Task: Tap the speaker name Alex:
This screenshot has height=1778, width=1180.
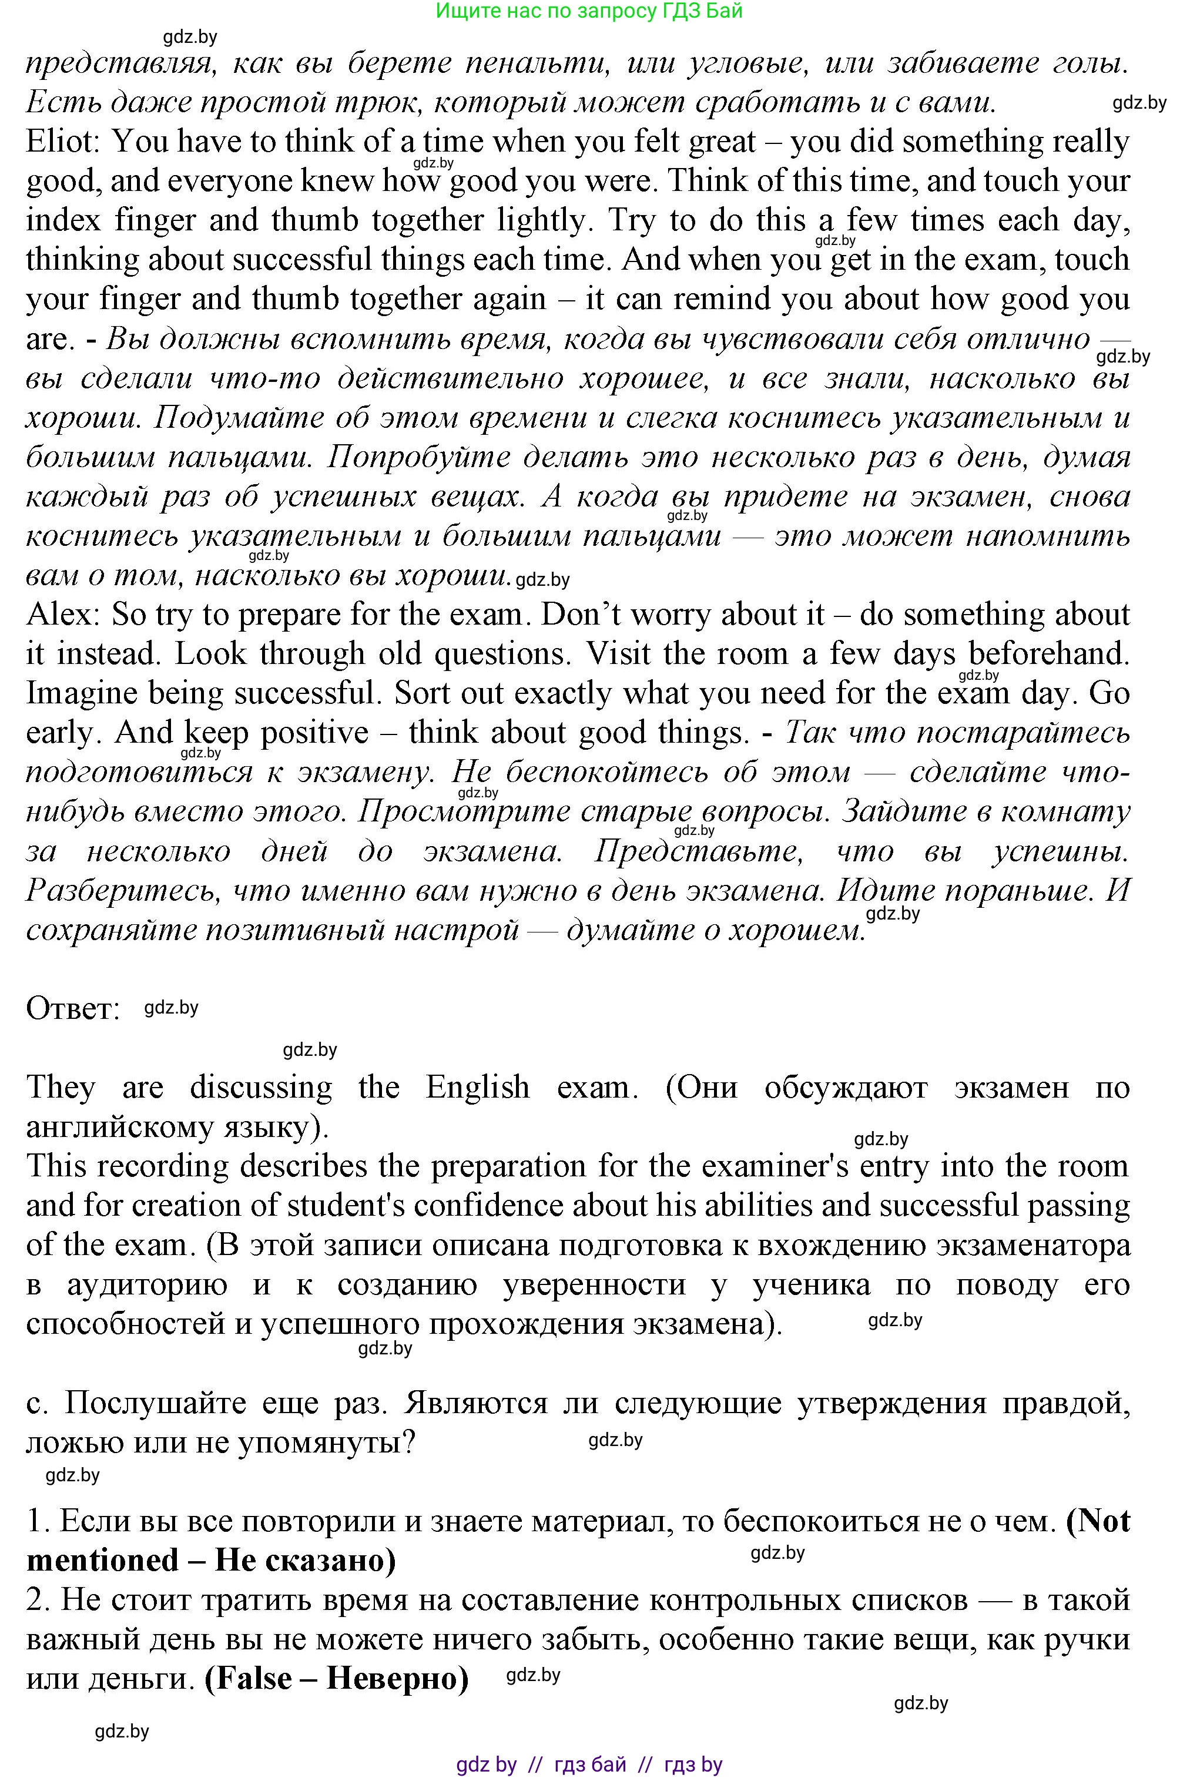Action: click(x=62, y=615)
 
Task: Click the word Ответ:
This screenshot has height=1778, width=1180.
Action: click(x=73, y=1008)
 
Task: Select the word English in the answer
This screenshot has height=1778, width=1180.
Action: click(x=477, y=1087)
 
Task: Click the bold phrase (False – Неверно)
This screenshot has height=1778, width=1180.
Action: click(x=336, y=1679)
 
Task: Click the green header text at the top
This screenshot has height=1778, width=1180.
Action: click(x=589, y=11)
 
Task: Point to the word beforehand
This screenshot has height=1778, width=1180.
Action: click(x=1049, y=654)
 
